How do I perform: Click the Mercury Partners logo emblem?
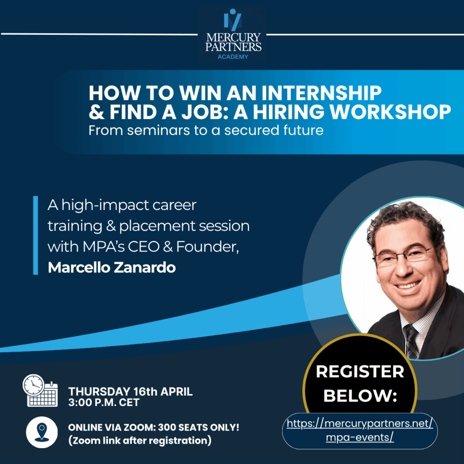tap(232, 20)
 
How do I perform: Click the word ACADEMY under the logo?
tap(233, 57)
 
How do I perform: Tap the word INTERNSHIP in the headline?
tap(321, 93)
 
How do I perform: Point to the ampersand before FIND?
tap(97, 112)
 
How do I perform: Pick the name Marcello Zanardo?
tap(112, 267)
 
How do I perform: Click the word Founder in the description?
tap(208, 247)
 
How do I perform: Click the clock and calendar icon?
tap(40, 390)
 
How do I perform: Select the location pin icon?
tap(42, 432)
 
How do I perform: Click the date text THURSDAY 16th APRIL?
tap(130, 391)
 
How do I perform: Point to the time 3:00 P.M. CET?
tap(104, 402)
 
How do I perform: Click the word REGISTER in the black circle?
tap(360, 372)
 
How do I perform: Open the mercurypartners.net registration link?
tap(360, 430)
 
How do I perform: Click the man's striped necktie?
tap(411, 341)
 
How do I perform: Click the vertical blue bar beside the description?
tap(35, 235)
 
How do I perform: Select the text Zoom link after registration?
tap(140, 440)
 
